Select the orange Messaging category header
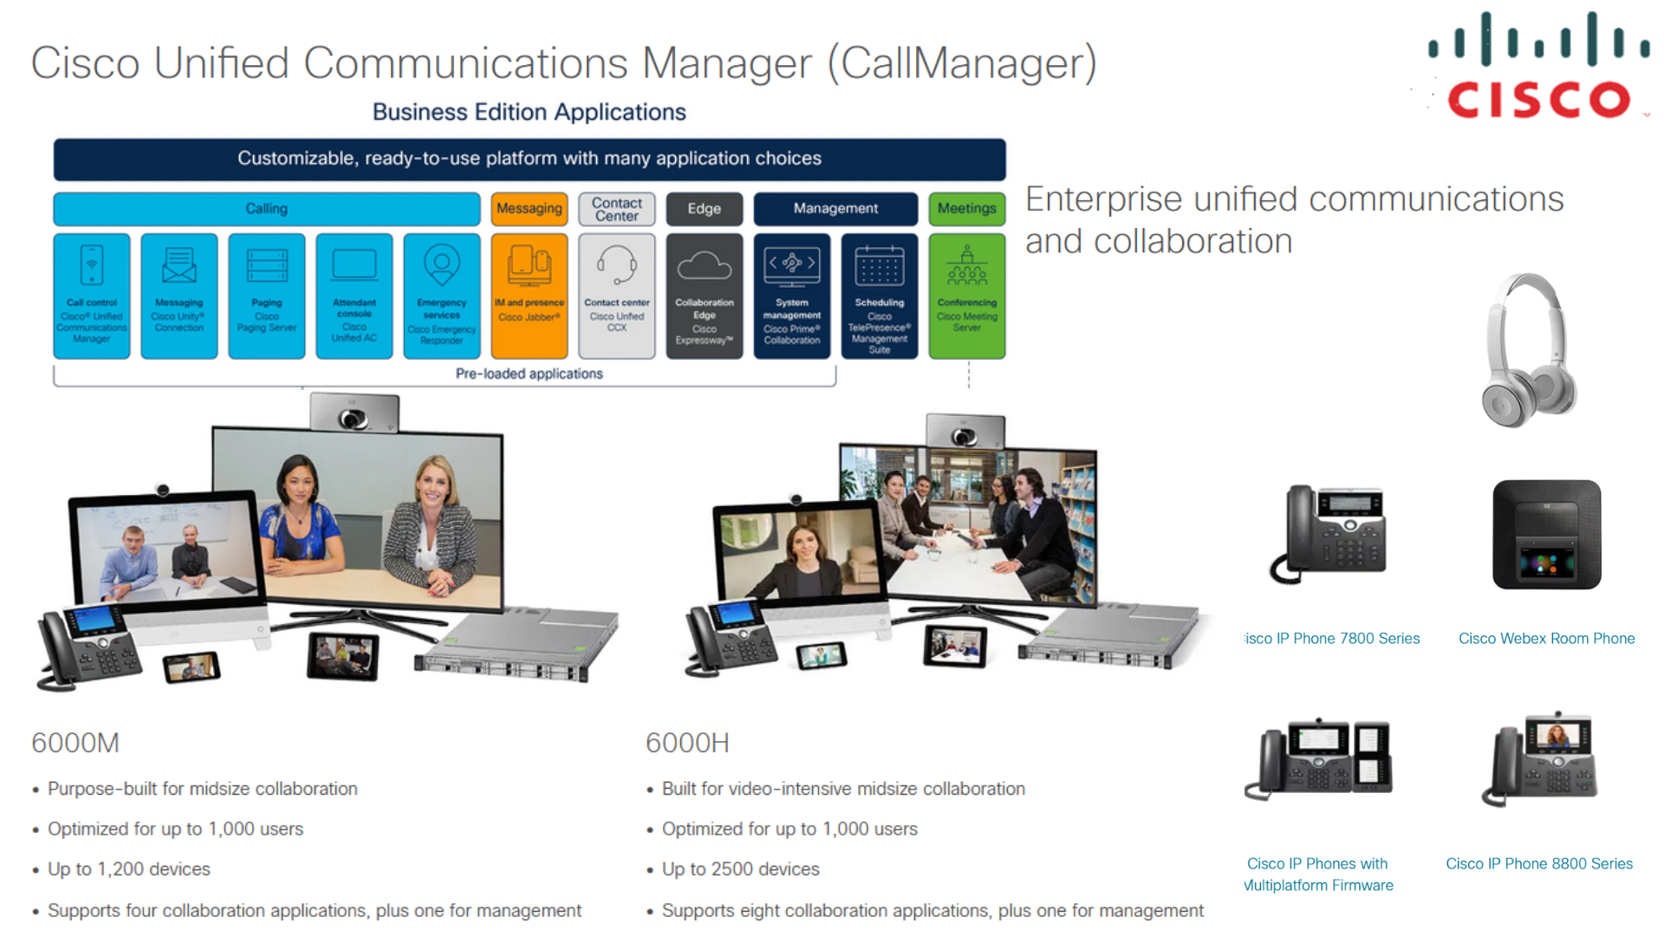530,209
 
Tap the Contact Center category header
617,209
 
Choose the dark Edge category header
704,209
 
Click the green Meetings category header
966,209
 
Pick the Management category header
835,209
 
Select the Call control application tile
92,296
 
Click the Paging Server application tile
267,296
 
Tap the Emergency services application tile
442,296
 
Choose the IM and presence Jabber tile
530,296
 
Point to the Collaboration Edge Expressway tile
705,296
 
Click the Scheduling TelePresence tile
880,296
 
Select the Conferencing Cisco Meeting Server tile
967,296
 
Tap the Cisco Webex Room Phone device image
1547,535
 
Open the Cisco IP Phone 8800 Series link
1539,863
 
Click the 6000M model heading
75,743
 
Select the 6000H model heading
687,743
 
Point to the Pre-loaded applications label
529,374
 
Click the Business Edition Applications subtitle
529,112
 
